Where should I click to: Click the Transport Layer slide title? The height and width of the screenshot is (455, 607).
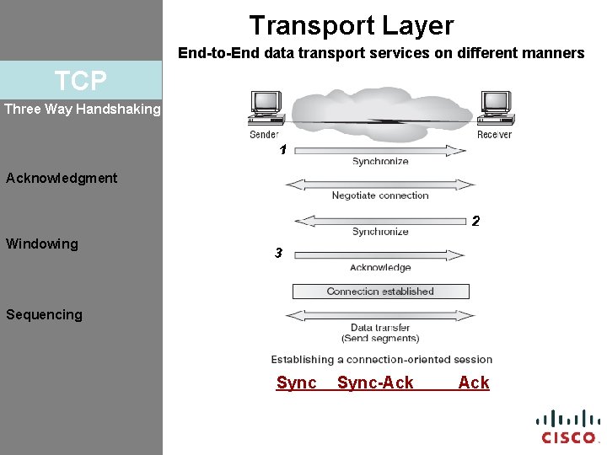point(351,25)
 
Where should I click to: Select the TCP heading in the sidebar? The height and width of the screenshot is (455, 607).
point(81,81)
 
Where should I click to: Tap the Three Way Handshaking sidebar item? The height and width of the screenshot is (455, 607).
point(82,109)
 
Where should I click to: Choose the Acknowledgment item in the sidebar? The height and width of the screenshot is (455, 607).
point(62,178)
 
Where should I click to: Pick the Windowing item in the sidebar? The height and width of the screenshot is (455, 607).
point(42,244)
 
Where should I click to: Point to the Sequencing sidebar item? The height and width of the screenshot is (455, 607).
point(44,314)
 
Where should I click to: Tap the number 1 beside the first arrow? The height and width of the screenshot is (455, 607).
point(283,150)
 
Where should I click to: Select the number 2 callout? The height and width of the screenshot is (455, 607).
point(475,222)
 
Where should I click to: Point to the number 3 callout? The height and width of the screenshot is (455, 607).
point(278,253)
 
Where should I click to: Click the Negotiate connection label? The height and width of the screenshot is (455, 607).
point(380,195)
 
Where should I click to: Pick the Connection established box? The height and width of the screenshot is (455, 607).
point(380,292)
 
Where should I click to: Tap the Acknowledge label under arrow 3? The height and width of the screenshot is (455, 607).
point(380,268)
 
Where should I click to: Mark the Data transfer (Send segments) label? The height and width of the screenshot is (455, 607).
point(380,333)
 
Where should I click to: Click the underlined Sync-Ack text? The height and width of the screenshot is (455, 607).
point(375,383)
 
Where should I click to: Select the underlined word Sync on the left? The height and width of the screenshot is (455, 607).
point(297,383)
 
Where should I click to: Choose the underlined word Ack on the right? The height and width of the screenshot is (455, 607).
point(474,383)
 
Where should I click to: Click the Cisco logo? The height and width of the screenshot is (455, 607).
point(567,426)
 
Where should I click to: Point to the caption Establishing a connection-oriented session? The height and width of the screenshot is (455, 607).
point(381,359)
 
